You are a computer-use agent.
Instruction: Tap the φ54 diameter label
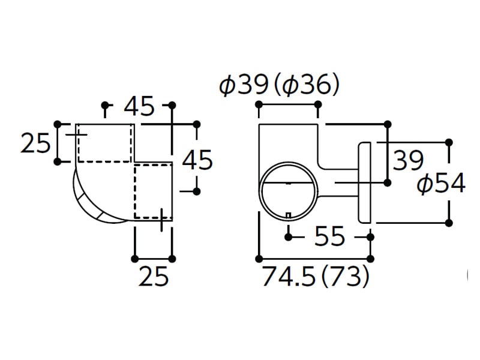pos(442,184)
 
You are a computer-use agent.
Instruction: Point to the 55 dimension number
pos(329,236)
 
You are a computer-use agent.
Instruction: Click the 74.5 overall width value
pos(289,276)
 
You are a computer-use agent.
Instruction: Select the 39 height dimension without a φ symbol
pos(408,160)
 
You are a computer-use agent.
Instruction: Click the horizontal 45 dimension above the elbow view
pos(139,106)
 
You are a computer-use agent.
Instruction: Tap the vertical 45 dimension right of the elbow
pos(197,160)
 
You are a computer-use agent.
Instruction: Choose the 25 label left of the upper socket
pos(35,143)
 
